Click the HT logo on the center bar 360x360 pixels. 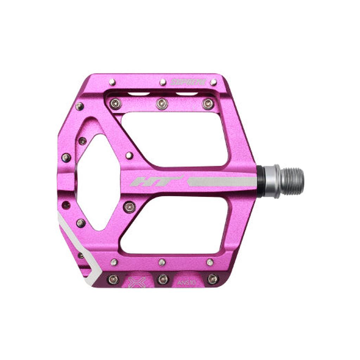[156, 181]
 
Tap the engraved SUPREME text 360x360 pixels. [188, 82]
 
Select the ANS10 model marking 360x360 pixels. [187, 282]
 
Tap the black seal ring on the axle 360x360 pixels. [260, 181]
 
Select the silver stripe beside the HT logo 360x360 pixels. [221, 181]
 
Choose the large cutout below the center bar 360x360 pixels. [174, 225]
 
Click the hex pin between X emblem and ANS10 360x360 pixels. [163, 279]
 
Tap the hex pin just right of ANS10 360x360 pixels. [213, 279]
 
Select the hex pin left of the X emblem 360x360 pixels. [113, 279]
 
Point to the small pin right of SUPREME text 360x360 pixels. [213, 82]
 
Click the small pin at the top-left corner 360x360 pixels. [112, 82]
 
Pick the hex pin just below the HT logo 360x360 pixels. [129, 207]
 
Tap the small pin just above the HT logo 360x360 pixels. [129, 155]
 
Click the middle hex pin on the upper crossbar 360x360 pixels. [162, 103]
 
